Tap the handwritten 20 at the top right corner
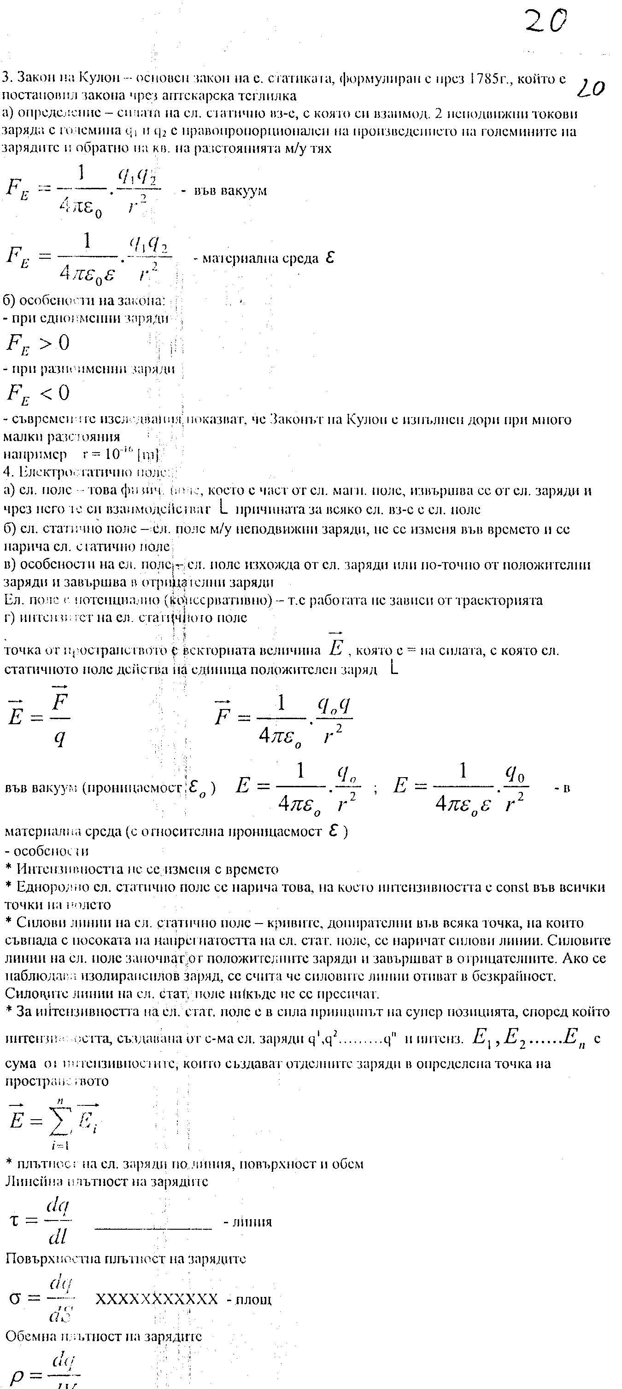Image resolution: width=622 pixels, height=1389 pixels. (546, 22)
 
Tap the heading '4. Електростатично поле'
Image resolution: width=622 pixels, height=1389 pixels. (86, 472)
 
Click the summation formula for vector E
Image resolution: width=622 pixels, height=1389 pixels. (53, 1122)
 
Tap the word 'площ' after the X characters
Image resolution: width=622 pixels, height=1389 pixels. (253, 1300)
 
